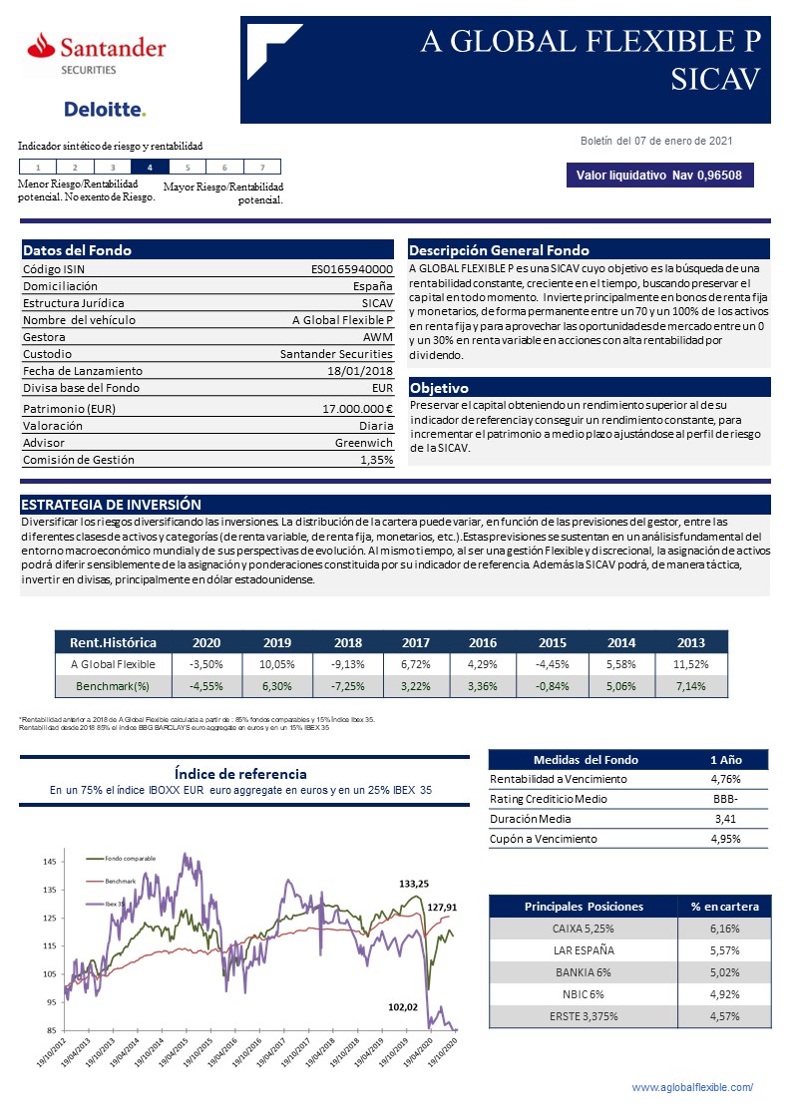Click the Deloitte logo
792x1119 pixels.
105,109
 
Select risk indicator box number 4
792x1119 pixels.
150,168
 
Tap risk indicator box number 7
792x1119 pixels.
261,168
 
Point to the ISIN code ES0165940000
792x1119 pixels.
352,269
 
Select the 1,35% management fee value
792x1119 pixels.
376,460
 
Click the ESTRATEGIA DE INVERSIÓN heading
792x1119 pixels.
111,505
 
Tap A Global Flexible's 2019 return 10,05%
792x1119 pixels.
277,664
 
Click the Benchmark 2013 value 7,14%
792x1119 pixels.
690,686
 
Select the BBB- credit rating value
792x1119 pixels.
724,799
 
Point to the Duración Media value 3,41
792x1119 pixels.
724,819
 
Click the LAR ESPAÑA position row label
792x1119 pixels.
584,950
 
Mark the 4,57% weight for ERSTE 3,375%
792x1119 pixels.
724,1016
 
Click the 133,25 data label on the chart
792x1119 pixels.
414,884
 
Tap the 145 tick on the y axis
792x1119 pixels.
50,862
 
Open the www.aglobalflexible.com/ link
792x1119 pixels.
692,1087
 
